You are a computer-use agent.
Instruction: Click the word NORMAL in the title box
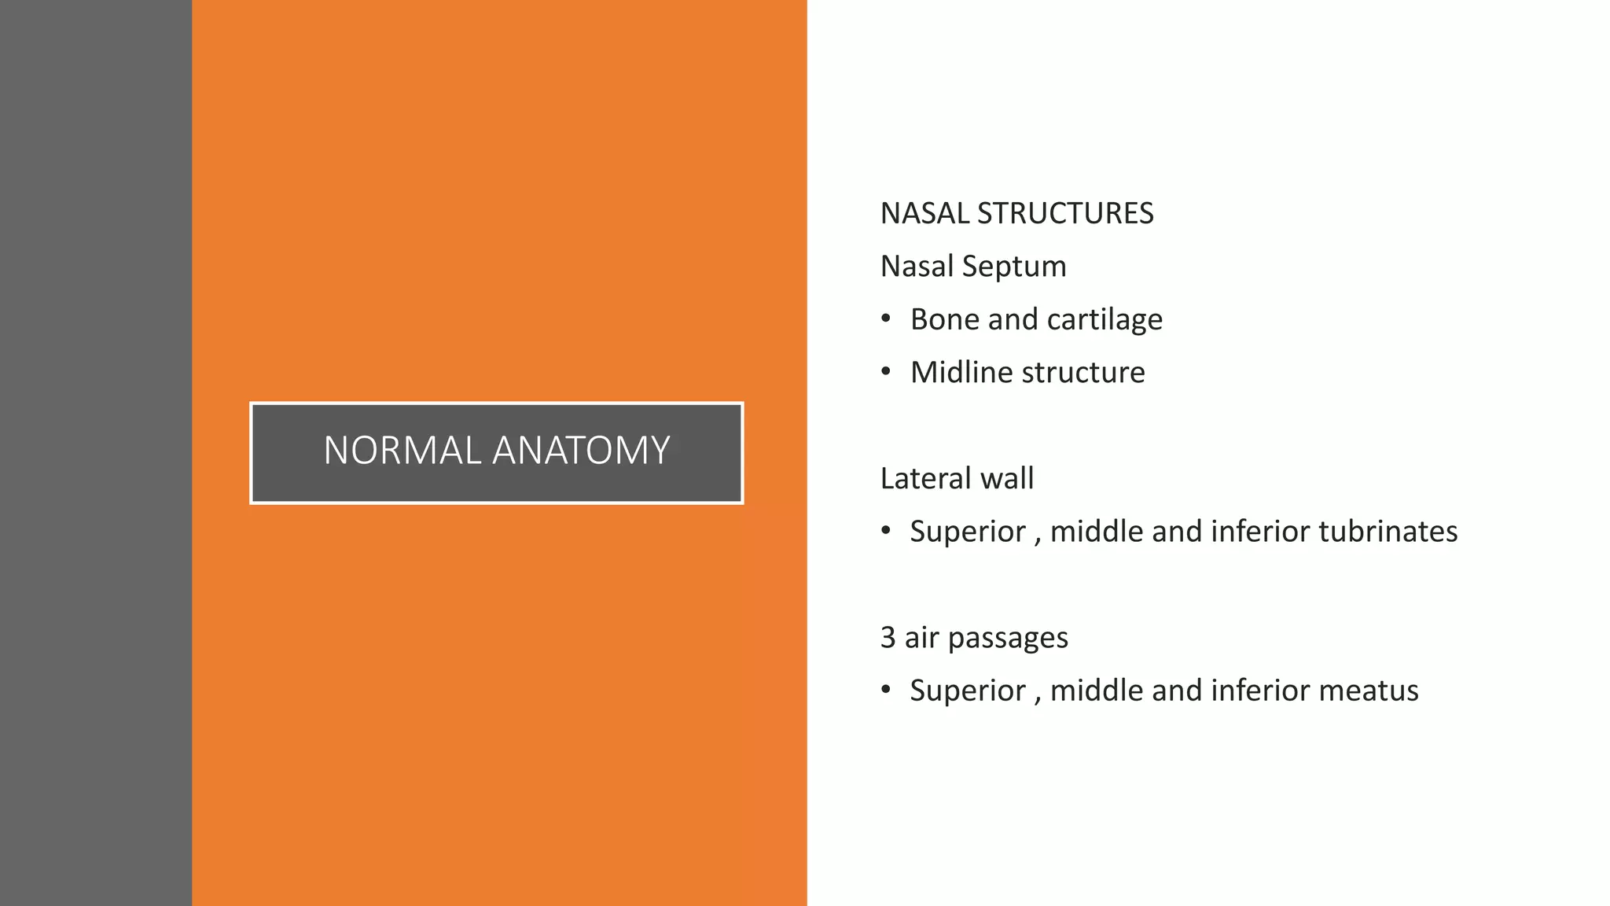pos(402,451)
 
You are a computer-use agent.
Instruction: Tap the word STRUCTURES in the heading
pos(1065,214)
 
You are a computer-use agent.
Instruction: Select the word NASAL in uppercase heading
pos(924,214)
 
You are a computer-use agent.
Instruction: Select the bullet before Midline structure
pos(886,371)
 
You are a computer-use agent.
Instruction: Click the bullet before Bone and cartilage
pos(886,319)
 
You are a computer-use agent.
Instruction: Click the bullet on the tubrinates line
pos(886,531)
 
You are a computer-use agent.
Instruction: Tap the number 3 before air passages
pos(888,637)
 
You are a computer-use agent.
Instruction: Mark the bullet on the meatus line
pos(886,690)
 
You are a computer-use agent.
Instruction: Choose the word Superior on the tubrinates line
pos(967,532)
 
